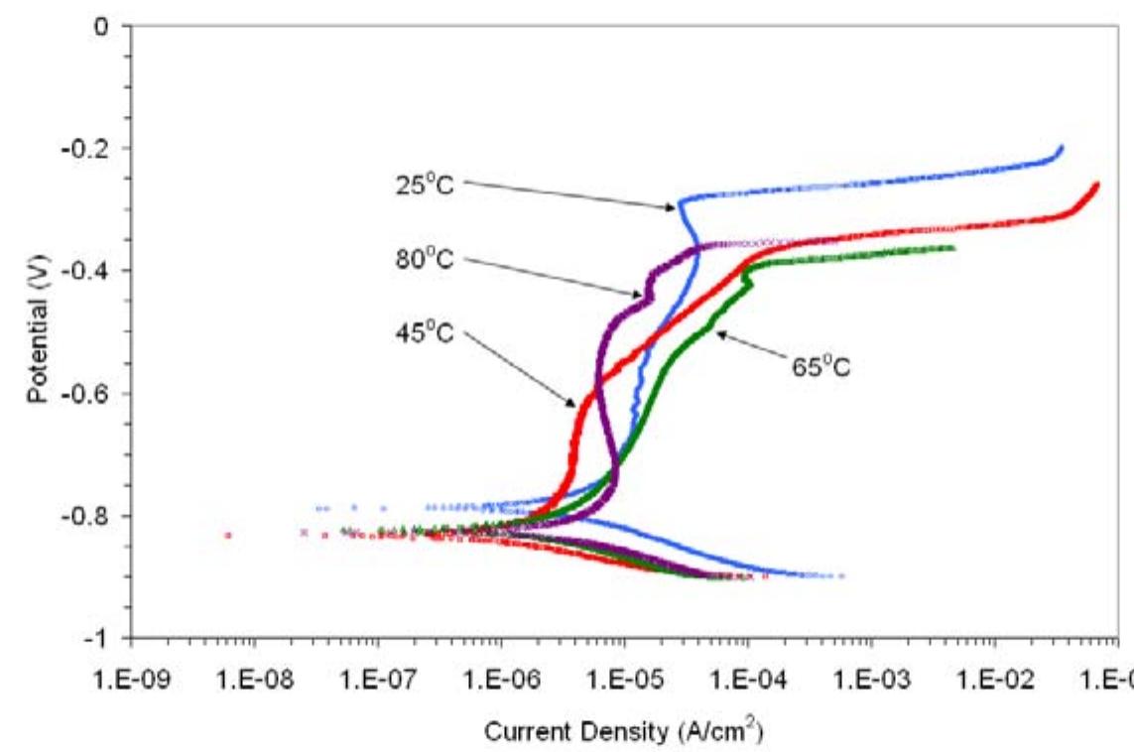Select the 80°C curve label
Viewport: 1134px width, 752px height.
click(425, 261)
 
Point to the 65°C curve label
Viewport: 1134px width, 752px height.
click(820, 367)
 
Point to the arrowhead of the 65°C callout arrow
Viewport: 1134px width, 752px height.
click(719, 335)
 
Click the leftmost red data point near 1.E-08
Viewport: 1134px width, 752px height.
click(227, 535)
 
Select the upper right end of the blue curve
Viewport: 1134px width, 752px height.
click(1061, 148)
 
